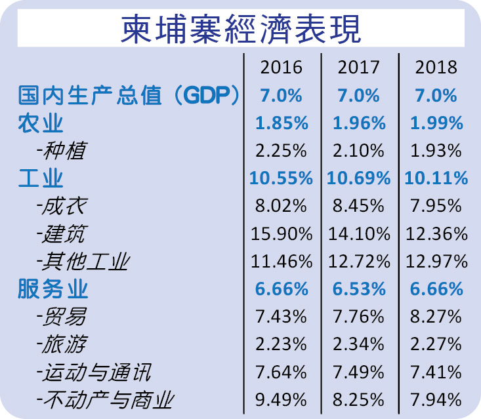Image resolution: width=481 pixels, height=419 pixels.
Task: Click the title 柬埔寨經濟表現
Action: [x=240, y=30]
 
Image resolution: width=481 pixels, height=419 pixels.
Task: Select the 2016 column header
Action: [x=281, y=68]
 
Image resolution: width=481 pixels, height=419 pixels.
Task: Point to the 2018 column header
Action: [x=436, y=68]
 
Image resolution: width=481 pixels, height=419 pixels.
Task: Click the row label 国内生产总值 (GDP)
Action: [x=128, y=95]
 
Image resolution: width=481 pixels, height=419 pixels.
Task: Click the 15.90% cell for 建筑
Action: [x=282, y=233]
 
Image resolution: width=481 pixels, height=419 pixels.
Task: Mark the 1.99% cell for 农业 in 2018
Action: [x=436, y=123]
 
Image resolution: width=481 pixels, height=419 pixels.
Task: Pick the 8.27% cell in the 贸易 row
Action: [x=436, y=317]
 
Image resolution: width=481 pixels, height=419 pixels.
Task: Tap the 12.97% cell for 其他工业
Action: [x=436, y=262]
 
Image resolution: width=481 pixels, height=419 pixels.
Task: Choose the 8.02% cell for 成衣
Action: [x=282, y=206]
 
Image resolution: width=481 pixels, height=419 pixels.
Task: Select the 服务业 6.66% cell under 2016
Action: [x=282, y=289]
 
